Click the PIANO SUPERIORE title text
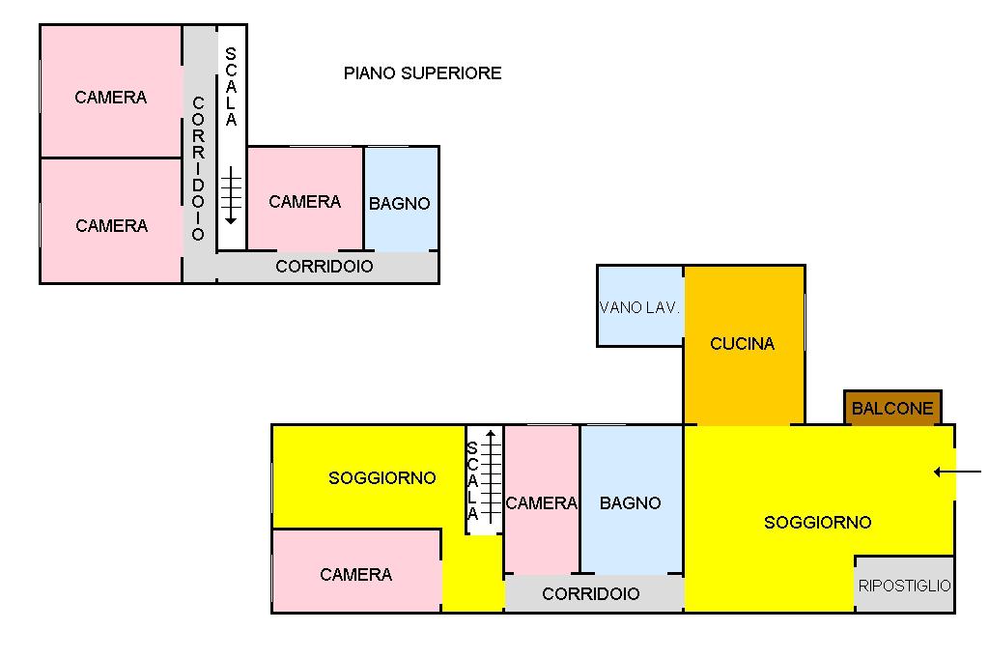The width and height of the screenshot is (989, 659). point(422,73)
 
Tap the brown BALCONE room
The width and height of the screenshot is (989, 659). point(892,408)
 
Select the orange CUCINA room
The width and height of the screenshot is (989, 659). point(743,344)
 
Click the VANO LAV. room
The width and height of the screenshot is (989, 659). point(639,308)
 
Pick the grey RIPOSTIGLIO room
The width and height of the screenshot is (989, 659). point(905,586)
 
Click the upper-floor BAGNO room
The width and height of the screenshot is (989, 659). point(400,204)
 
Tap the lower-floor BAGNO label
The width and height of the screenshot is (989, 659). point(630,503)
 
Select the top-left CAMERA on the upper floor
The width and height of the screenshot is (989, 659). point(111,98)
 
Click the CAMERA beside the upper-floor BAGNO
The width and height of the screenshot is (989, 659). point(304,202)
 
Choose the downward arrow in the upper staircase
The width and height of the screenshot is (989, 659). point(231,194)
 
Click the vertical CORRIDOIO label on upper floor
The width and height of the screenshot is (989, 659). point(198,168)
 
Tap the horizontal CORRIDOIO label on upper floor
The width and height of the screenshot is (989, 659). point(325,267)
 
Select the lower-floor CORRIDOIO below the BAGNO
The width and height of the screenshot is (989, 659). point(591,594)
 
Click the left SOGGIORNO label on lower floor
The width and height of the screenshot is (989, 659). point(381,478)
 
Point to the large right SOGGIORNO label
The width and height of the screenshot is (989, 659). point(817,523)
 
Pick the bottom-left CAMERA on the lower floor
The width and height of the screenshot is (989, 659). point(355,575)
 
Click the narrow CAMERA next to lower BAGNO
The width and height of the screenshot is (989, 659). point(541,503)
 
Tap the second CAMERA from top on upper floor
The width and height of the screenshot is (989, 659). point(111,226)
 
